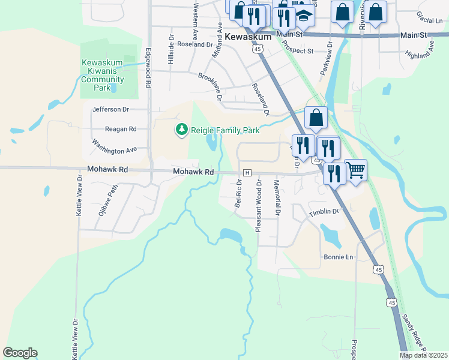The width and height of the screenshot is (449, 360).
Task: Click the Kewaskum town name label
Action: point(249,37)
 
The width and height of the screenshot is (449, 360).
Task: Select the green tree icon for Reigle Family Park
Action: point(181,130)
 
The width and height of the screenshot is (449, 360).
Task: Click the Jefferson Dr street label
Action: point(111,110)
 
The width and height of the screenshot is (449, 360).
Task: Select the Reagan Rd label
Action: point(121,129)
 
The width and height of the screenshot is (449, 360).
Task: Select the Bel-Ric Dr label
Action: point(238,193)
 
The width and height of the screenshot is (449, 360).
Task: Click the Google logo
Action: point(20,353)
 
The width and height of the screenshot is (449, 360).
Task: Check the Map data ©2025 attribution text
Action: point(423,355)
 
